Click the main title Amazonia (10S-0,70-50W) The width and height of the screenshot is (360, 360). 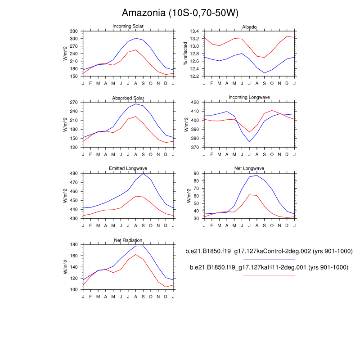[x=180, y=13]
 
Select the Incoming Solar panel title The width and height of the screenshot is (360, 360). [x=128, y=27]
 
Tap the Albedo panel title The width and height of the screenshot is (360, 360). [x=249, y=27]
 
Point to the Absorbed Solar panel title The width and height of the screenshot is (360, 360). [x=128, y=98]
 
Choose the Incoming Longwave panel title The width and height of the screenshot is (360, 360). [x=249, y=98]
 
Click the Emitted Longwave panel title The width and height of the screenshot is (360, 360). [x=128, y=169]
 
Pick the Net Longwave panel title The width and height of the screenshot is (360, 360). [x=249, y=169]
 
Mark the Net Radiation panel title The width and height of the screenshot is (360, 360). [x=128, y=240]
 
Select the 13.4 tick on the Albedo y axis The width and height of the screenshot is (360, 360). [x=194, y=31]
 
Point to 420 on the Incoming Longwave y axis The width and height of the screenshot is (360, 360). [x=195, y=102]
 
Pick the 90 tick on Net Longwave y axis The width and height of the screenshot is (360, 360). [x=197, y=173]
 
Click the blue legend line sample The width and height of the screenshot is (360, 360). [x=269, y=260]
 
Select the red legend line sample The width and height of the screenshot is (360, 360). [x=269, y=275]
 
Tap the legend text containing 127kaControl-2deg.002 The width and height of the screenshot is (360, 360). [x=269, y=251]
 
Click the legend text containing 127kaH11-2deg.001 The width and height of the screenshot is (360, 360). [x=269, y=267]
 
